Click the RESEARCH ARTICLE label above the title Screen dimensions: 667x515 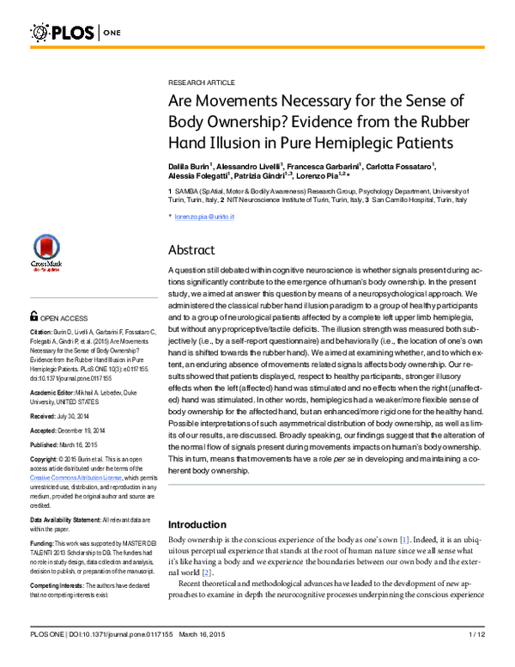pos(201,83)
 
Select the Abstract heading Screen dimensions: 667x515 pos(195,250)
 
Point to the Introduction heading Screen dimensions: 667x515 pos(202,523)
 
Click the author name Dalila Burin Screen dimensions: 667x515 pos(191,165)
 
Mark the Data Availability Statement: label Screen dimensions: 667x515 pos(67,520)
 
